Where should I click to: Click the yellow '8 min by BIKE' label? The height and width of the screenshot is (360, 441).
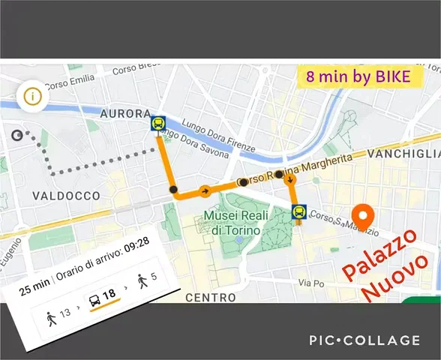(358, 77)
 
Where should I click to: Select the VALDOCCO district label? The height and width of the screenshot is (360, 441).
(66, 196)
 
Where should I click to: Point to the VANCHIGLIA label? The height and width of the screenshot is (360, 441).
(411, 154)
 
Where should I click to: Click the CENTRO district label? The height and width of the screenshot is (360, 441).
(211, 297)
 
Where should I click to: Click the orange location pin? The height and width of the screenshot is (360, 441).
(364, 217)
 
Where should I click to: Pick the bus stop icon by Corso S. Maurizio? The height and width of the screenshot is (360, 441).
(298, 212)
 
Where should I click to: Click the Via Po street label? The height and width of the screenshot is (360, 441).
(307, 284)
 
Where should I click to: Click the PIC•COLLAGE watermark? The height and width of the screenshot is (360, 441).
(364, 340)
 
